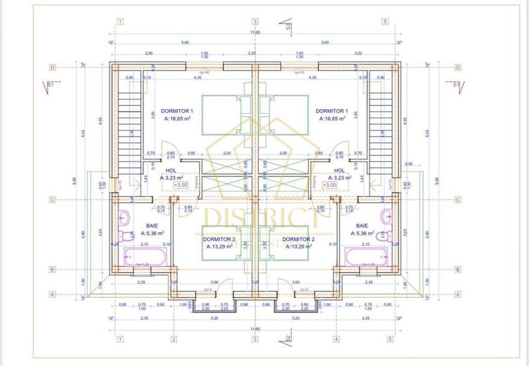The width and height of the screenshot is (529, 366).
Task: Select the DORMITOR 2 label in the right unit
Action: tap(298, 239)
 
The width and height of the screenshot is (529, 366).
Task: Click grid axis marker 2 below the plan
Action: tap(174, 339)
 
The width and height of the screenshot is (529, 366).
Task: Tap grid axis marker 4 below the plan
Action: tap(336, 339)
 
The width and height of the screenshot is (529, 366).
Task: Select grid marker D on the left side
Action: tap(52, 67)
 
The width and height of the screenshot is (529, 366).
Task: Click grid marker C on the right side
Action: tap(458, 200)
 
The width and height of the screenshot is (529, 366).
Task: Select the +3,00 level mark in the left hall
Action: tap(181, 185)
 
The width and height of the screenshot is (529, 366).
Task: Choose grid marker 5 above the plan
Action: tap(385, 21)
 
